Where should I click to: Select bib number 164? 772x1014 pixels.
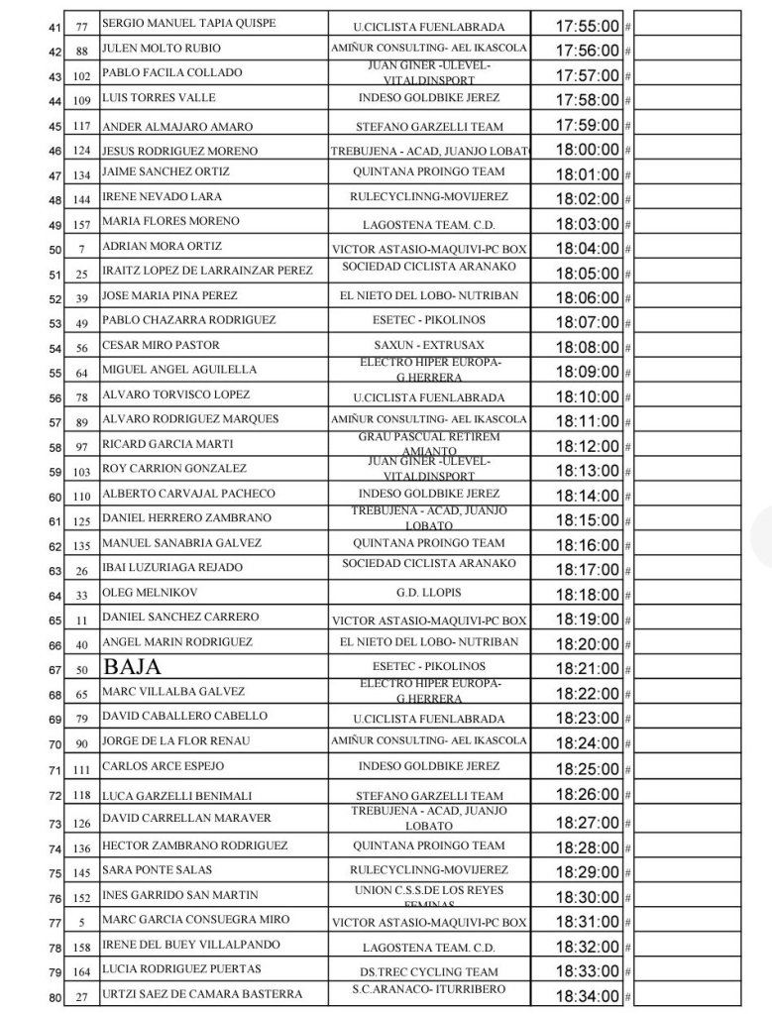(x=82, y=972)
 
